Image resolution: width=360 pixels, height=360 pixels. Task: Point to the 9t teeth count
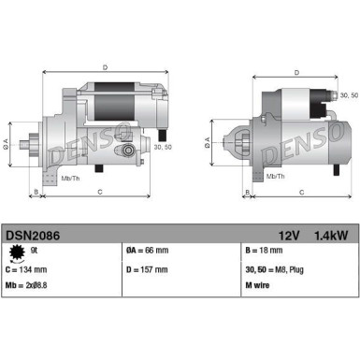pyautogui.click(x=35, y=250)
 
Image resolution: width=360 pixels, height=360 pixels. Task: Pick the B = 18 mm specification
pyautogui.click(x=265, y=250)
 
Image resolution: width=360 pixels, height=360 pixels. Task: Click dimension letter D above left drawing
pyautogui.click(x=105, y=67)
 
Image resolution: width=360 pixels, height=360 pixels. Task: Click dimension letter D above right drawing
pyautogui.click(x=296, y=72)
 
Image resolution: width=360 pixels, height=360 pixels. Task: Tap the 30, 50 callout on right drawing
pyautogui.click(x=349, y=95)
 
